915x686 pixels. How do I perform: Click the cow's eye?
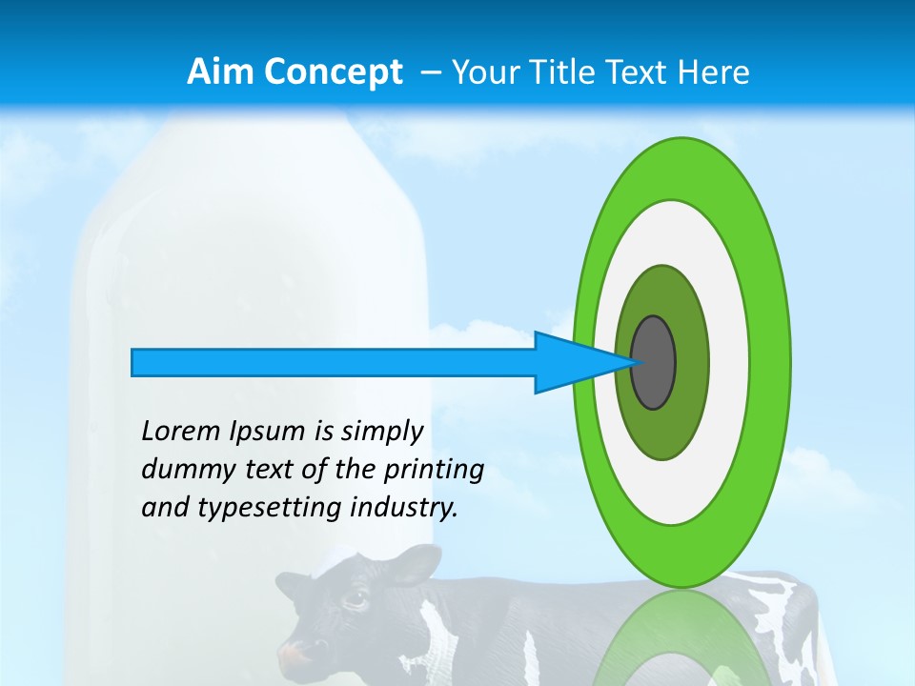(x=356, y=599)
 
